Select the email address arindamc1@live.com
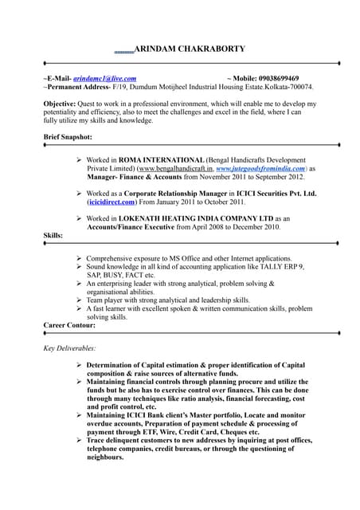point(104,78)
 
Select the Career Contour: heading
point(69,325)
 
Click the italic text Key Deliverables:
point(69,348)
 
